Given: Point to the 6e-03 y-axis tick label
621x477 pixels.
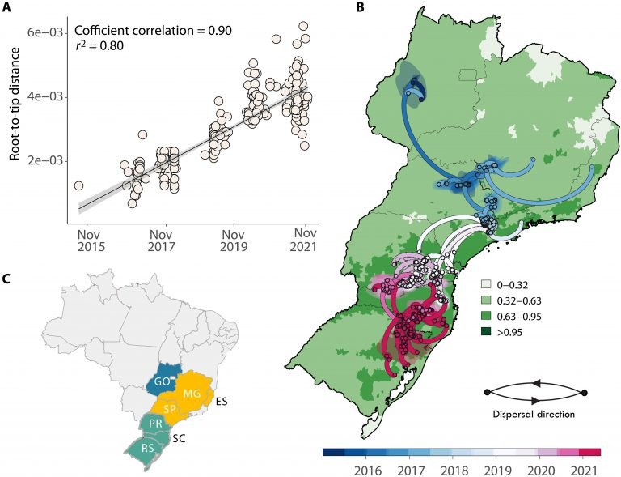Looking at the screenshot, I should point(46,33).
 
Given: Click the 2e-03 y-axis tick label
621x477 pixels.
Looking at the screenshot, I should point(46,160).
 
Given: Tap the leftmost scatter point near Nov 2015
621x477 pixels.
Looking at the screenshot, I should point(78,186).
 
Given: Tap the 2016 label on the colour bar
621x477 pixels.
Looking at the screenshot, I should point(369,469).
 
